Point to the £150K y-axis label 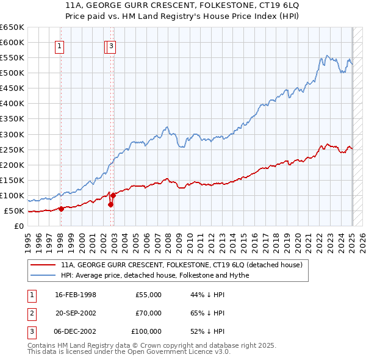click(12, 180)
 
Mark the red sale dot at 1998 click(61, 209)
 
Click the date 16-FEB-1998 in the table click(76, 295)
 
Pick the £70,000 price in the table click(148, 313)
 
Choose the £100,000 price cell click(146, 331)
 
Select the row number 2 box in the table click(32, 313)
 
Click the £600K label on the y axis click(12, 42)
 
